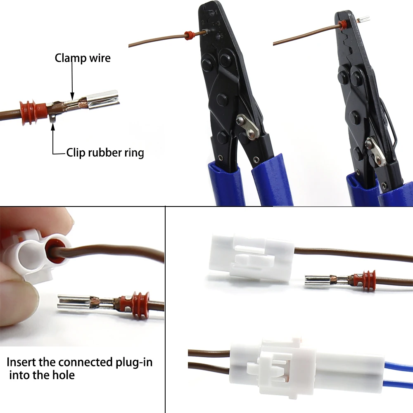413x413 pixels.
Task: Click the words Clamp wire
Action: (x=83, y=58)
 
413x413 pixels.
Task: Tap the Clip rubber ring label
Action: (x=105, y=153)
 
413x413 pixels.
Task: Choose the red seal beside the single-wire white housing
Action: (x=368, y=280)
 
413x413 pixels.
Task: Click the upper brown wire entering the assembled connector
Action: (x=209, y=353)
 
